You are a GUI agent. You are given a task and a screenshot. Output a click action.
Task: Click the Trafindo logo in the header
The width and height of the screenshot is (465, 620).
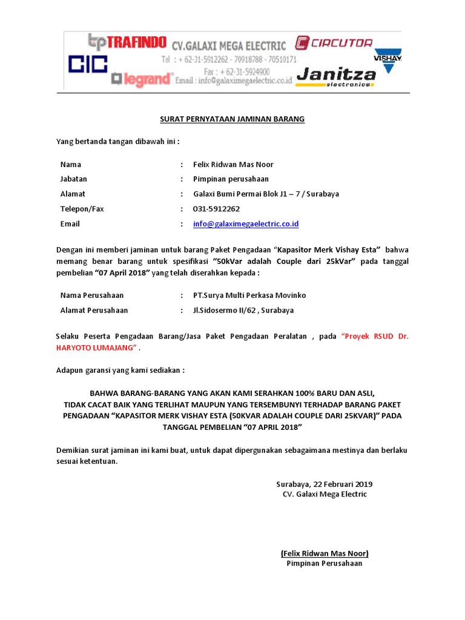point(127,42)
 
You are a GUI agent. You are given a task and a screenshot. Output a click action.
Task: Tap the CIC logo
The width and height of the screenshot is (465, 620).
point(87,65)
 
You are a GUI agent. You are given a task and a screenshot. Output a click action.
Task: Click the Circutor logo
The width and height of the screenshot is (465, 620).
point(334,43)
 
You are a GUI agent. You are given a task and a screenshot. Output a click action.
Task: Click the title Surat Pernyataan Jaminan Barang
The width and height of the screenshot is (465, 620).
point(232,119)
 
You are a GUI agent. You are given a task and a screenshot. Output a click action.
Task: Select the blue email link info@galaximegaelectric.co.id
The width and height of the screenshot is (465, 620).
point(245,223)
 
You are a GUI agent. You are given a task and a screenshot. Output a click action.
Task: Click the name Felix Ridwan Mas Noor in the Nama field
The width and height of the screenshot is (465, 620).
point(233,164)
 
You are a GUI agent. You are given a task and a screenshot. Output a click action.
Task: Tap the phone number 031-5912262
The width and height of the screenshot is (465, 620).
point(216,209)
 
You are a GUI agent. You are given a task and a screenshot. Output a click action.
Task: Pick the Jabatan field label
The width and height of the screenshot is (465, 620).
point(74,179)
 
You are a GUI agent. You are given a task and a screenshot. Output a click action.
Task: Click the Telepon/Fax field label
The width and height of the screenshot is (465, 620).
point(82,209)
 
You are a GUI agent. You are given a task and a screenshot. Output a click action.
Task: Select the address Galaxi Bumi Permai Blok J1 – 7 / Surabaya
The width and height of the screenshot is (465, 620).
point(266,194)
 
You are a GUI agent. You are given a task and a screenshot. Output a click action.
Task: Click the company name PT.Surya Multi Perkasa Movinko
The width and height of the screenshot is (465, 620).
point(249,295)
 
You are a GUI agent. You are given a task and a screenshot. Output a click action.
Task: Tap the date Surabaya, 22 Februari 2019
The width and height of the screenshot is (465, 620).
point(324,484)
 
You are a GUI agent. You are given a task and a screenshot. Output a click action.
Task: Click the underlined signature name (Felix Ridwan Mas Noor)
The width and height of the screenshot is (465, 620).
point(325,553)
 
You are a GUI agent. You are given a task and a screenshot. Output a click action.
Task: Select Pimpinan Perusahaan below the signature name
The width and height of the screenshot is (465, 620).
point(324,563)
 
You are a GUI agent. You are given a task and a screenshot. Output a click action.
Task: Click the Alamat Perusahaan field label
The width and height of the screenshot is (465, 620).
point(94,310)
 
